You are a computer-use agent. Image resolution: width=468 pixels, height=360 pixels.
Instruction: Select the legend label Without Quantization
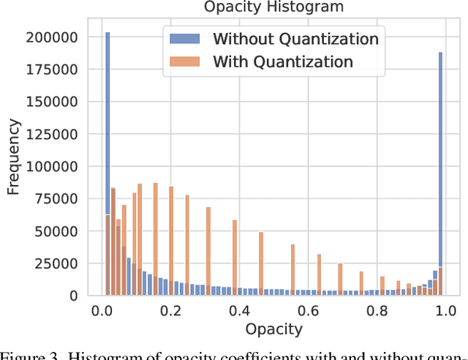point(295,39)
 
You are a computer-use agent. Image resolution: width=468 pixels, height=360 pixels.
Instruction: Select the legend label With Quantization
point(283,61)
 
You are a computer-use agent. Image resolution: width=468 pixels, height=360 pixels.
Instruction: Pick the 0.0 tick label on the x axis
point(102,310)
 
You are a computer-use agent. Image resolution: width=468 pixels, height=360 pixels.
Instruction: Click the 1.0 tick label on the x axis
point(442,310)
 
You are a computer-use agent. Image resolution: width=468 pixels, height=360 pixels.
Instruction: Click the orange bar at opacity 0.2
point(171,241)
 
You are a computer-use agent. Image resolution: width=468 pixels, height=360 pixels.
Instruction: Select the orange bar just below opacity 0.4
point(234,257)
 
